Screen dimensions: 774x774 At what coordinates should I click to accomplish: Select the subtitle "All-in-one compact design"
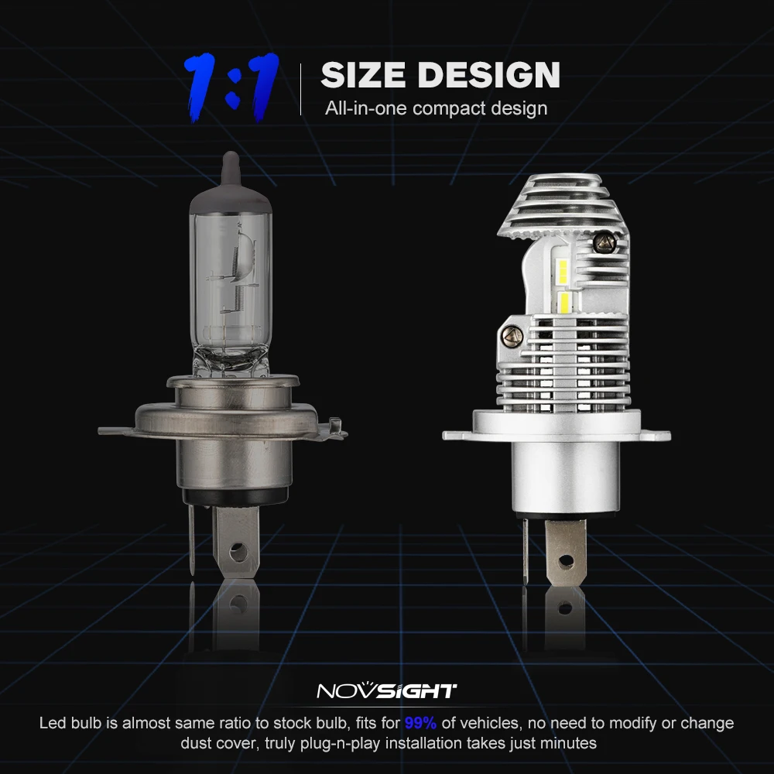point(436,108)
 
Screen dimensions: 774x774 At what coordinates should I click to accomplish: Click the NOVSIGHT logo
point(386,691)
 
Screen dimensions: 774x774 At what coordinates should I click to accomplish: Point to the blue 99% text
point(420,723)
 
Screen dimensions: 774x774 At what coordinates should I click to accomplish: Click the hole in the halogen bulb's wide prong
point(238,551)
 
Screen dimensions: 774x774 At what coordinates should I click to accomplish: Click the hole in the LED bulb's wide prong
point(566,560)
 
